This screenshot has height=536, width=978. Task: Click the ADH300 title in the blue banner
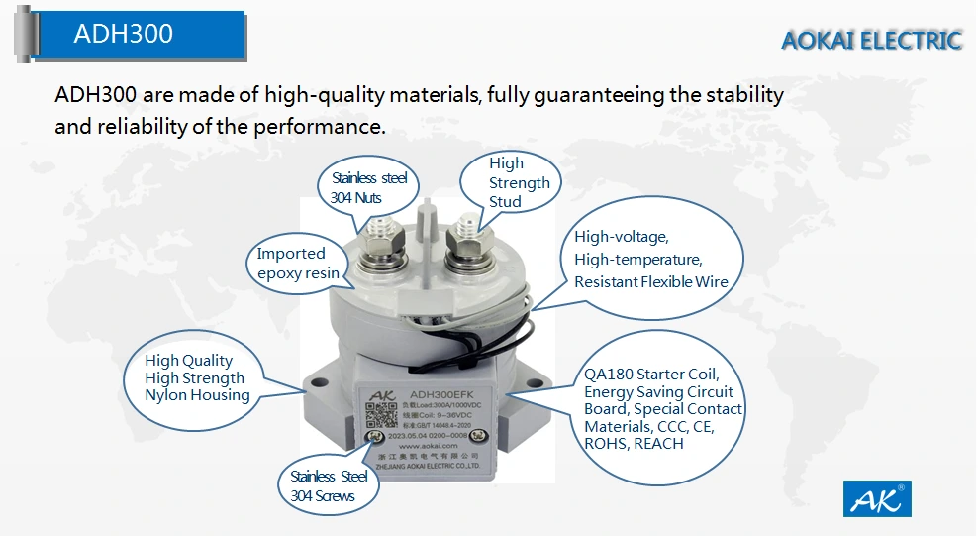click(123, 34)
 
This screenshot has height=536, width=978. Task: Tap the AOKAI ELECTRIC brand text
click(871, 41)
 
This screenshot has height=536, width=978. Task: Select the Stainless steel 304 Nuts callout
click(369, 188)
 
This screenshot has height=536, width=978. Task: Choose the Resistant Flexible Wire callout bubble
click(650, 261)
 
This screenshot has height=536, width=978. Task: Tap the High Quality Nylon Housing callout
click(197, 377)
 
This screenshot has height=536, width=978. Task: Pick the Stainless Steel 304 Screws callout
click(329, 485)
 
